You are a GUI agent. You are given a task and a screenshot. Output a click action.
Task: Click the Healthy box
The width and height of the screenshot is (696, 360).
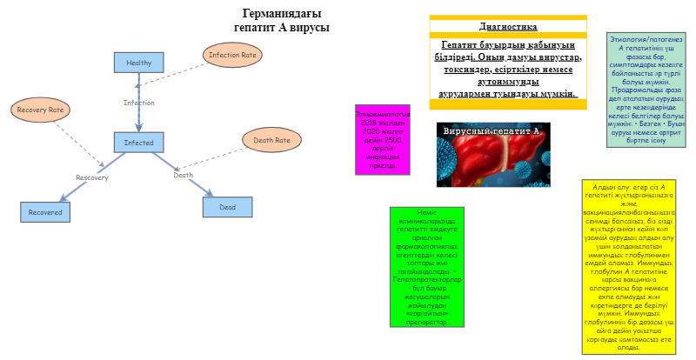(139, 63)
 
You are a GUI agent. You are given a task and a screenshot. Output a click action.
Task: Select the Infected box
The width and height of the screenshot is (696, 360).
(139, 143)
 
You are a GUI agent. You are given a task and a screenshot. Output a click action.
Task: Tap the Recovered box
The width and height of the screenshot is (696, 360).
(46, 211)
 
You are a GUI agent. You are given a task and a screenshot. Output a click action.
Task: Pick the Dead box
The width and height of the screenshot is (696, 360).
(227, 207)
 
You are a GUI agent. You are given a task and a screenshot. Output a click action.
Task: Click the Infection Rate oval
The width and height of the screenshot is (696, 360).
(232, 55)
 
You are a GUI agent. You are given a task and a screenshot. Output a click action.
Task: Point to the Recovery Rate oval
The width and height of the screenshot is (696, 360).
(42, 110)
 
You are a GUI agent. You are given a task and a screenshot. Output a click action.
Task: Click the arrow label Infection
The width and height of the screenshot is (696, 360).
(139, 103)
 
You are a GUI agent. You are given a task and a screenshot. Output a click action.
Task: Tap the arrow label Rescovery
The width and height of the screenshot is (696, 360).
(92, 177)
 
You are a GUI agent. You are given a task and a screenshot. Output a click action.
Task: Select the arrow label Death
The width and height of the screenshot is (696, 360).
(184, 175)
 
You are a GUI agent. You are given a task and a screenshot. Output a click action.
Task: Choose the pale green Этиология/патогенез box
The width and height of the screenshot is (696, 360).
(646, 90)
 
